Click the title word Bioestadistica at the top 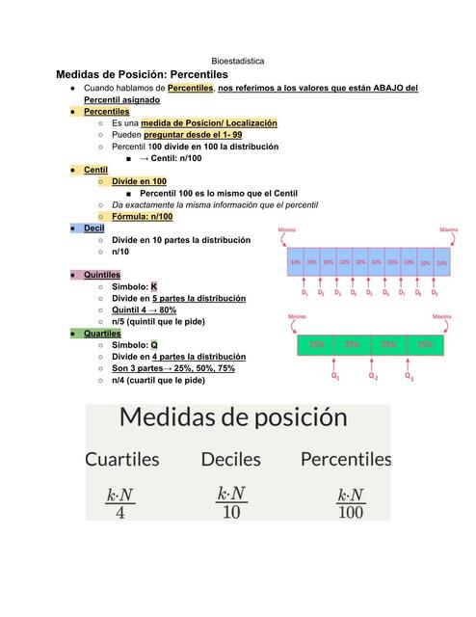point(237,60)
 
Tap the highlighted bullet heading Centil point(95,169)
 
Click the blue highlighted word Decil point(93,228)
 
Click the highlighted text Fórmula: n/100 point(142,216)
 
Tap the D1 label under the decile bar point(304,291)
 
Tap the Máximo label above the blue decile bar point(448,230)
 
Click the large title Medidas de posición point(233,417)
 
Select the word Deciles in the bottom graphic point(231,459)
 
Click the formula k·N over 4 point(119,502)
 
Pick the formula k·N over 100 point(351,503)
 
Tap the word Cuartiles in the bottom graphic point(122,459)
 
